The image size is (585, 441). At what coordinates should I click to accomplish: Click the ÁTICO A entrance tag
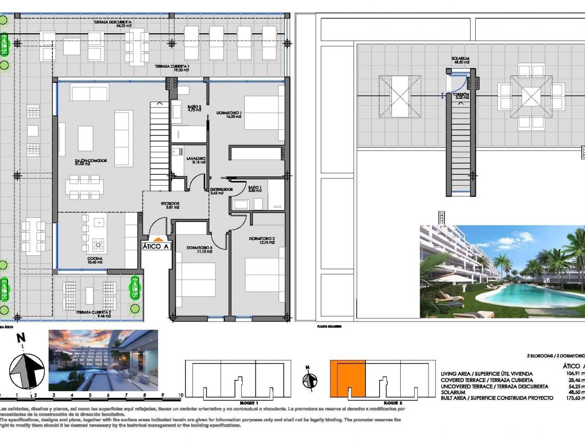(156, 247)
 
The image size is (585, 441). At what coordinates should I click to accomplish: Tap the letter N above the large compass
(21, 338)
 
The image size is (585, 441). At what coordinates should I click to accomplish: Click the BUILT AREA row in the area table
(497, 398)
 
